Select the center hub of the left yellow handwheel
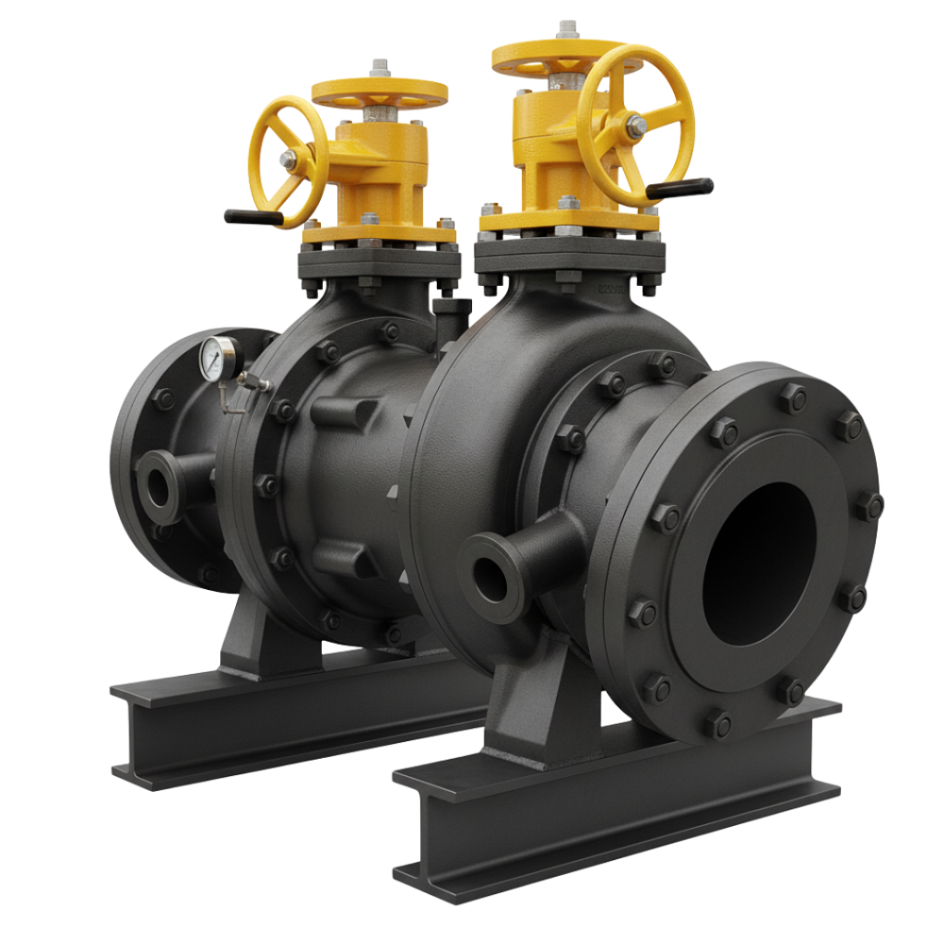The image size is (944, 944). click(x=289, y=162)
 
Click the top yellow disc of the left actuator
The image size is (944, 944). click(x=379, y=92)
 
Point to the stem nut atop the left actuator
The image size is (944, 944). click(x=379, y=69)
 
